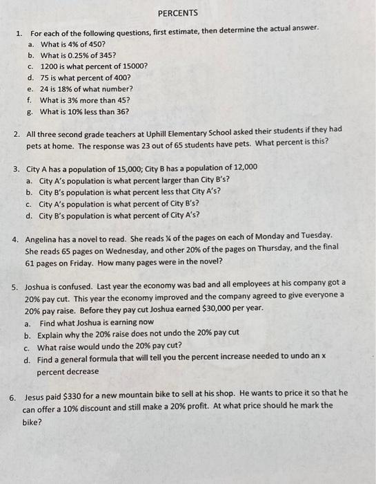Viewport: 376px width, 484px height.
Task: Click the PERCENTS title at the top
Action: tap(177, 13)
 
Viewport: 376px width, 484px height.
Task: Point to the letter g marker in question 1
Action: tap(29, 111)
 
